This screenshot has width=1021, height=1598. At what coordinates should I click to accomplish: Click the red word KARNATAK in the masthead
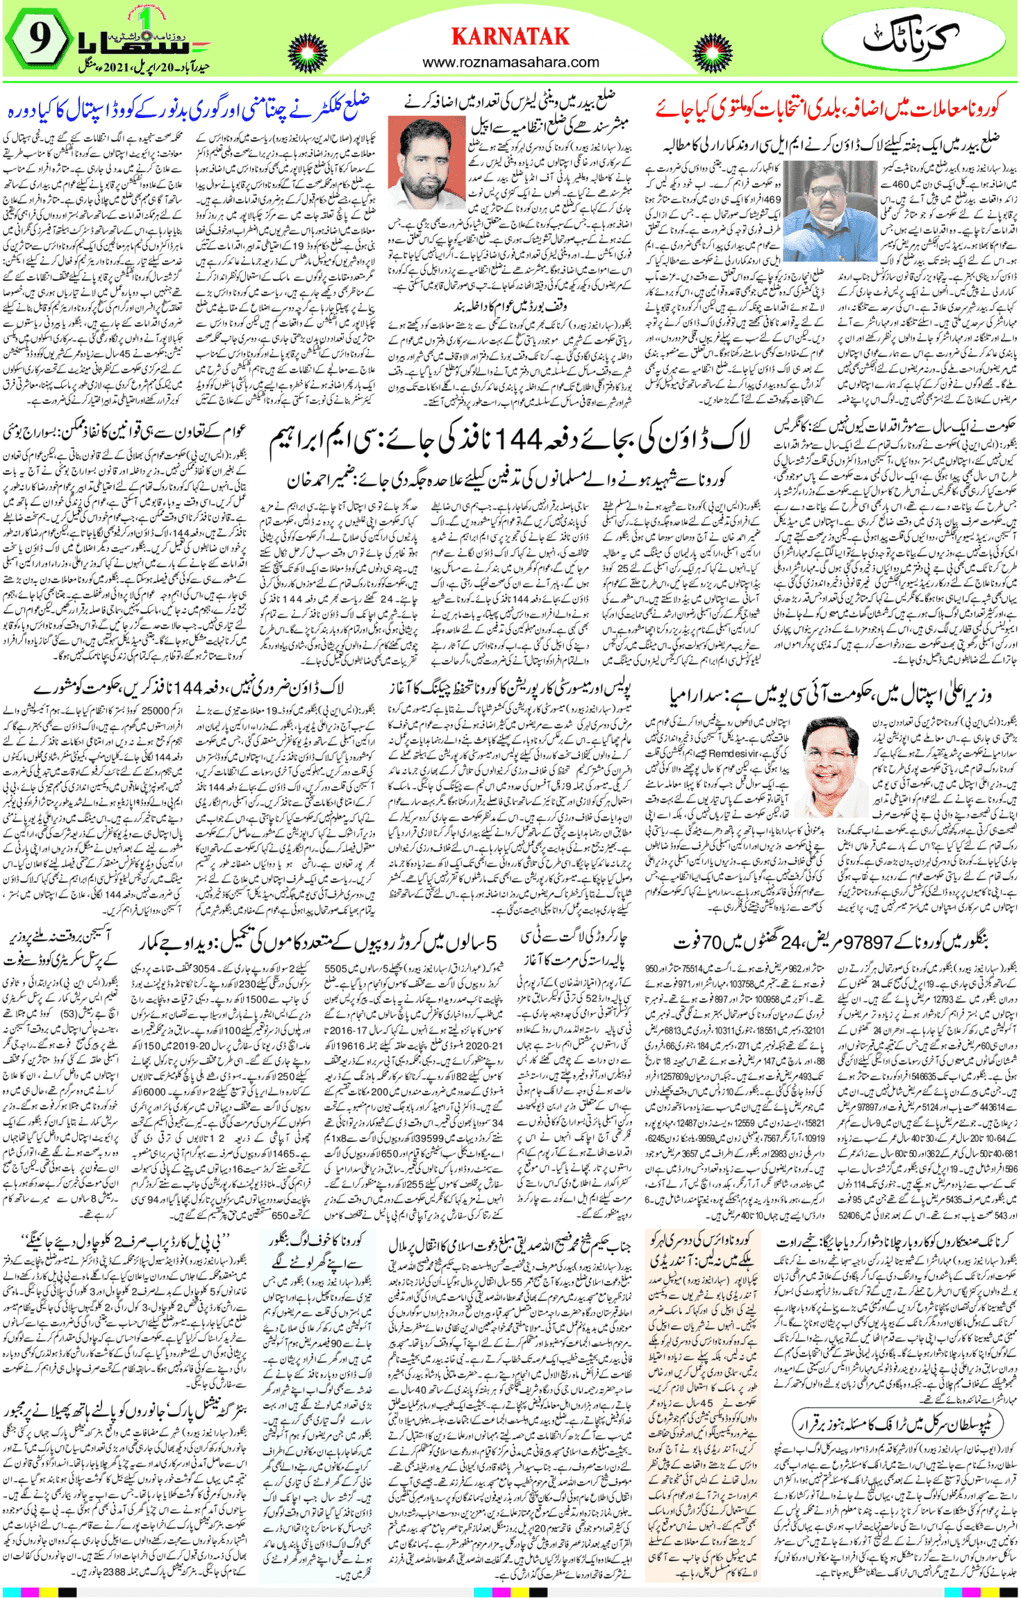tap(510, 36)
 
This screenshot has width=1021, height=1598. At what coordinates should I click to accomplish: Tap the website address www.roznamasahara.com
tap(510, 62)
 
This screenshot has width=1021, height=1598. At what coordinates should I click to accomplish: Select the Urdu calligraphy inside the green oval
tap(911, 39)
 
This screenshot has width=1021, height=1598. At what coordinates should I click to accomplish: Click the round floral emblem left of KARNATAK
tap(308, 53)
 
